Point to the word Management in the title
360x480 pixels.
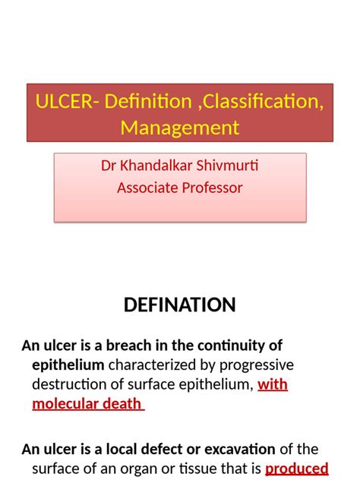click(180, 127)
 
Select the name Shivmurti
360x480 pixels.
click(226, 166)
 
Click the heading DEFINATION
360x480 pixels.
click(180, 305)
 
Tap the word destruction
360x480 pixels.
click(65, 384)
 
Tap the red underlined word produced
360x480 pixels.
click(296, 468)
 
